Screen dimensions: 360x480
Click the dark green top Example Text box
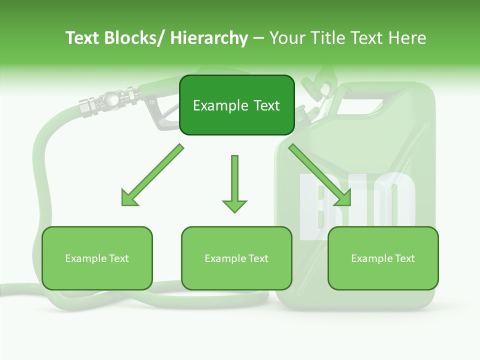coord(236,105)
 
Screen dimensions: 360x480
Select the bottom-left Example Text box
coord(97,258)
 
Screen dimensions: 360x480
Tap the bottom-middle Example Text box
coord(236,258)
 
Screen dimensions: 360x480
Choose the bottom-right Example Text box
coord(383,258)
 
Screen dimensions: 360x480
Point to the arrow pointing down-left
coord(152,175)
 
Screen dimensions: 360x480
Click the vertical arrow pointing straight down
coord(234,183)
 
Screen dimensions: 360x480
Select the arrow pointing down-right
coord(320,175)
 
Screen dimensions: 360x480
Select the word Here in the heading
coord(406,38)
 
